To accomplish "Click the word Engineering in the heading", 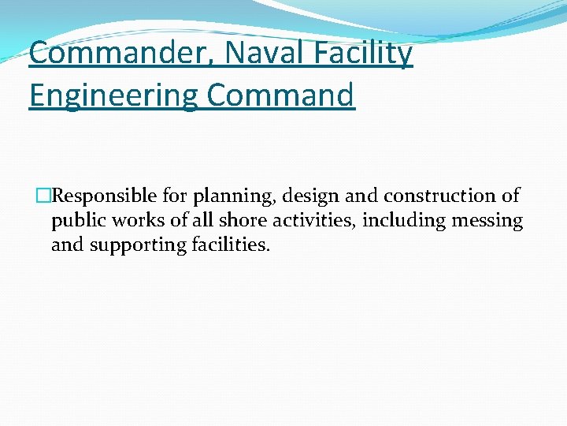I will click(x=113, y=96).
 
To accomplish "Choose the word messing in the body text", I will click(x=487, y=222).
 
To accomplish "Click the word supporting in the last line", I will click(x=138, y=245).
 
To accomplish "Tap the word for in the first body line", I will click(x=174, y=196).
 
